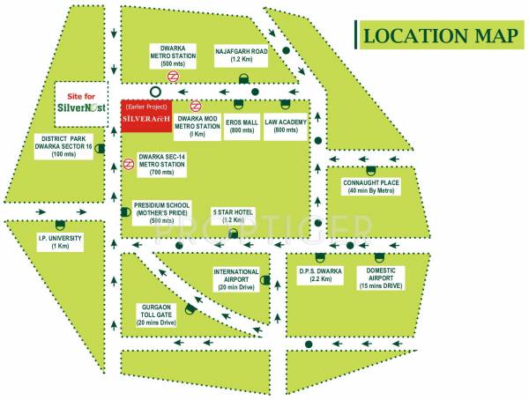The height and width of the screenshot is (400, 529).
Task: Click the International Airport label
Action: click(x=235, y=278)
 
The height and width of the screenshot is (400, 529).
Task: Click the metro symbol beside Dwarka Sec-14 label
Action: click(x=129, y=162)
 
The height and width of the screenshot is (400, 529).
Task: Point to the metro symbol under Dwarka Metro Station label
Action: click(x=175, y=76)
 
